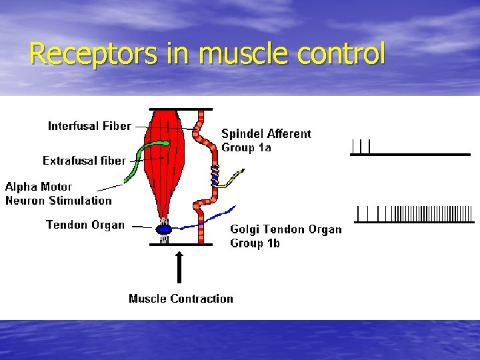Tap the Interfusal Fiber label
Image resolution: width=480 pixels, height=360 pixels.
pyautogui.click(x=89, y=126)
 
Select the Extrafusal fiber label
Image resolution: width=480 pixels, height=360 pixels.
pyautogui.click(x=84, y=161)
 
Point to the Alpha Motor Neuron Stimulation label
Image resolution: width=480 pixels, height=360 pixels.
pyautogui.click(x=58, y=193)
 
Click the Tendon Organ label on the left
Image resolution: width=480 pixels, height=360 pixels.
pyautogui.click(x=85, y=225)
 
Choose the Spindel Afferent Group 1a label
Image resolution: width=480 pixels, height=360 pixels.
pyautogui.click(x=265, y=140)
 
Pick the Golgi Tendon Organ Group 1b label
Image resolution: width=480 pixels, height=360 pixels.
pyautogui.click(x=285, y=236)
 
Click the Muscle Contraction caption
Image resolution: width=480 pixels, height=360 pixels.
pyautogui.click(x=181, y=299)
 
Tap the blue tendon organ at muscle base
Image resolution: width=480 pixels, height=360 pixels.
pyautogui.click(x=163, y=230)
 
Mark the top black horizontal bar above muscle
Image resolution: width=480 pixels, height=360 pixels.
pyautogui.click(x=180, y=109)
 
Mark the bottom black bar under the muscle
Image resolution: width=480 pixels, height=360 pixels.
pyautogui.click(x=180, y=245)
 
